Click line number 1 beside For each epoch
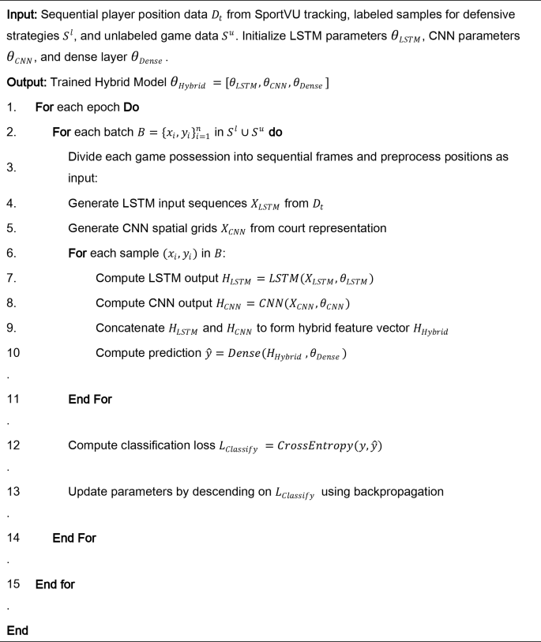point(10,107)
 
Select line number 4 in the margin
point(10,205)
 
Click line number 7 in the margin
point(10,279)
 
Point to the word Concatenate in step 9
point(131,328)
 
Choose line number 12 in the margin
point(13,445)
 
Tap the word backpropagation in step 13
point(398,491)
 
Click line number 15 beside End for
point(13,584)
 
